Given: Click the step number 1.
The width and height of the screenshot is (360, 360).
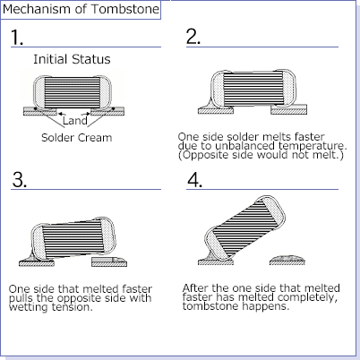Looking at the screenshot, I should (17, 37).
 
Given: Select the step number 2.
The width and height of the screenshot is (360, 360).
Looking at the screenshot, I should (193, 37).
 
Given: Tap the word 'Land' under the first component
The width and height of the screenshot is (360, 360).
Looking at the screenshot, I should (73, 119).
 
